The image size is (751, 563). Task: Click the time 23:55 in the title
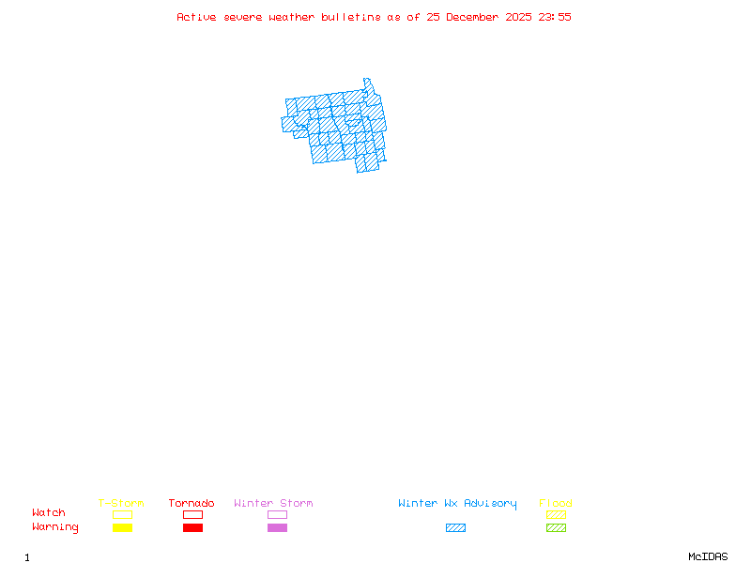[555, 17]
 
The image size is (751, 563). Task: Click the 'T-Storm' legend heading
[121, 504]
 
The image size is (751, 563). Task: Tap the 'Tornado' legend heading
[192, 504]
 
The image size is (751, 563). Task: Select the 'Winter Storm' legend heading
[273, 504]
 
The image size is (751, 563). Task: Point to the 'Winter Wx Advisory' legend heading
[457, 504]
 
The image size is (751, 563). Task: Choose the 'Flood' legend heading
[556, 504]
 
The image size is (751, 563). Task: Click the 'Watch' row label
[49, 513]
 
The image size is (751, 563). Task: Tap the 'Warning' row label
[55, 527]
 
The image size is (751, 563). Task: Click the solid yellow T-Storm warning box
[122, 528]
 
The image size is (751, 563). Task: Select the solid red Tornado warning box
[192, 528]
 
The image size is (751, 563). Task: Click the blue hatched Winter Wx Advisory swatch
[455, 528]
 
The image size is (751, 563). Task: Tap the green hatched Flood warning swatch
[556, 528]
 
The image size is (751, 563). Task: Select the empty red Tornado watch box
[192, 514]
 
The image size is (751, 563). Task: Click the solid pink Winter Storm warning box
[277, 528]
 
